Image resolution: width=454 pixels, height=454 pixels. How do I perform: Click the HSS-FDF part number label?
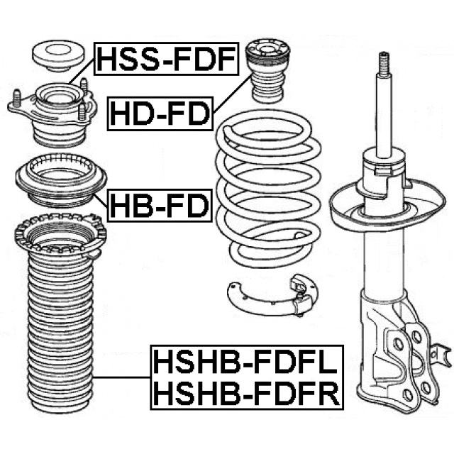click(x=165, y=60)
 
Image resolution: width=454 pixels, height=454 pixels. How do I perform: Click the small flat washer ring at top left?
click(x=54, y=55)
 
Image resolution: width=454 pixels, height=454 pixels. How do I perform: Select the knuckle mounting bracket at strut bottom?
click(x=404, y=355)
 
